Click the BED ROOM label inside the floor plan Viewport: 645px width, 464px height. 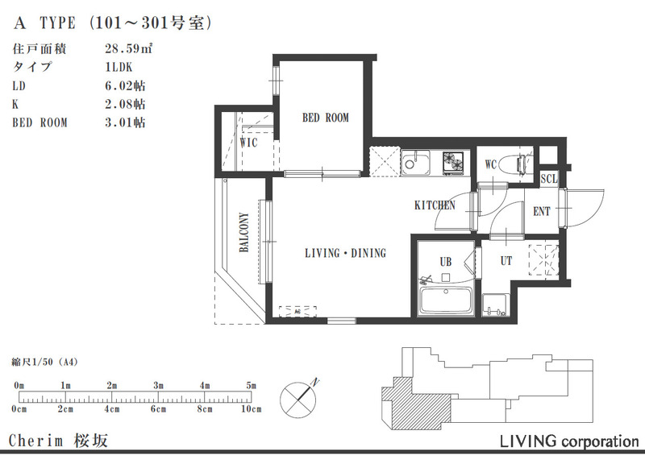[326, 118]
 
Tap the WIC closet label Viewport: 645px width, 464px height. [248, 143]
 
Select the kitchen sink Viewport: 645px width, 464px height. [415, 163]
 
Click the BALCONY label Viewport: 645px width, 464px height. [244, 232]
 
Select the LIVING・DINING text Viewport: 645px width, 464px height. [346, 253]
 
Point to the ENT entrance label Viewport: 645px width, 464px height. [541, 212]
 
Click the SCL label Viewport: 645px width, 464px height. [549, 179]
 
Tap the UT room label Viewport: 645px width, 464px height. [506, 261]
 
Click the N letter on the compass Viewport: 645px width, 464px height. [315, 382]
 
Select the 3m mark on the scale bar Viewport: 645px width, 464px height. [158, 386]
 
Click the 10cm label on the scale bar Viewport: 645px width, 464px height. [251, 409]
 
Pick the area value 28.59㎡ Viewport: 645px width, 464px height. [129, 49]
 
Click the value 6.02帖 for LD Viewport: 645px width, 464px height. [125, 86]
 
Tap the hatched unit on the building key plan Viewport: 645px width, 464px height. [415, 405]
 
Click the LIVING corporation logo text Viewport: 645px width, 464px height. [569, 441]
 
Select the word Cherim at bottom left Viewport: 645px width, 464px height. [36, 441]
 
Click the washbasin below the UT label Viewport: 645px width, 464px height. [496, 305]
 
